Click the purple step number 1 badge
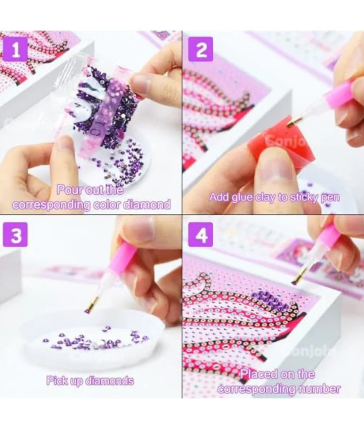tap(16, 50)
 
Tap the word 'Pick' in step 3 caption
tap(57, 381)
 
